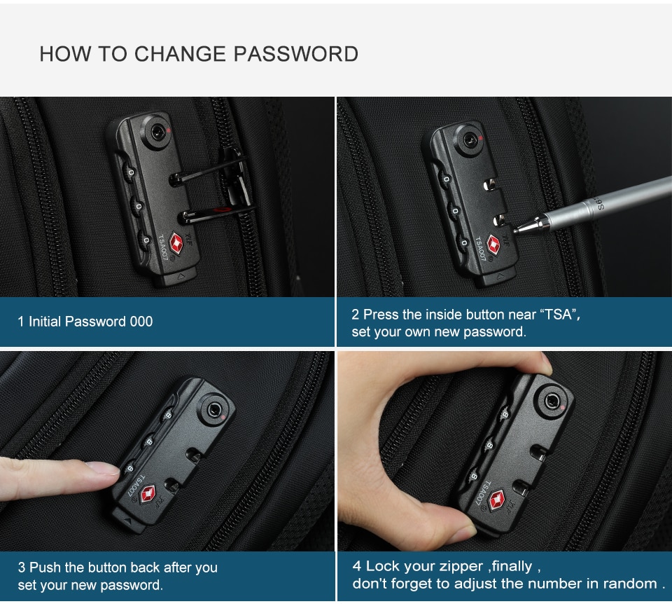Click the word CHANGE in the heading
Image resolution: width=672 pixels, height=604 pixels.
181,54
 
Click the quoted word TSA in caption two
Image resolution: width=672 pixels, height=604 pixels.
559,315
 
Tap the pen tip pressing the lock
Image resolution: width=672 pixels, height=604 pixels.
516,227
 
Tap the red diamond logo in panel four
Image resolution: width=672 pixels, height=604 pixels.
496,500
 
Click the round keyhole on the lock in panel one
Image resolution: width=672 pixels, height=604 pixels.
155,130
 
